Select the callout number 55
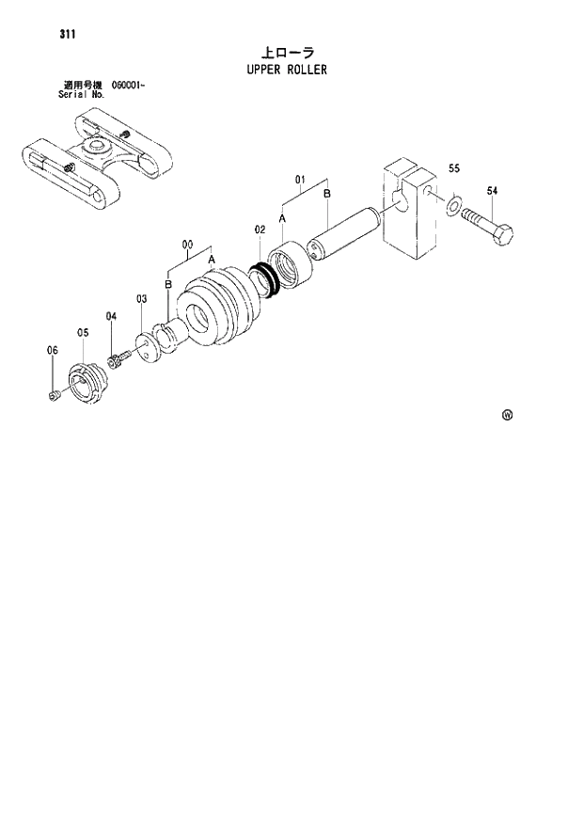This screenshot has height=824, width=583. click(x=454, y=169)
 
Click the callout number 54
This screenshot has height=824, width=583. click(x=493, y=191)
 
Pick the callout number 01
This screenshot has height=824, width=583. click(x=301, y=178)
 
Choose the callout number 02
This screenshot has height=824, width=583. click(x=260, y=230)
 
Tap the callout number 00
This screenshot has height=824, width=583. click(x=187, y=246)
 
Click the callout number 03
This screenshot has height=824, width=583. click(x=141, y=299)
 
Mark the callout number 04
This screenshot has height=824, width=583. click(x=111, y=316)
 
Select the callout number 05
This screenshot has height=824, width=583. click(x=83, y=332)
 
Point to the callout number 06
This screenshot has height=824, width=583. click(x=53, y=351)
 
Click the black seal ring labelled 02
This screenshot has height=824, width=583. click(x=266, y=279)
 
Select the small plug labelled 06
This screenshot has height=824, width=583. click(x=56, y=396)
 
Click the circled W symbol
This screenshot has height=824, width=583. click(x=507, y=415)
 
